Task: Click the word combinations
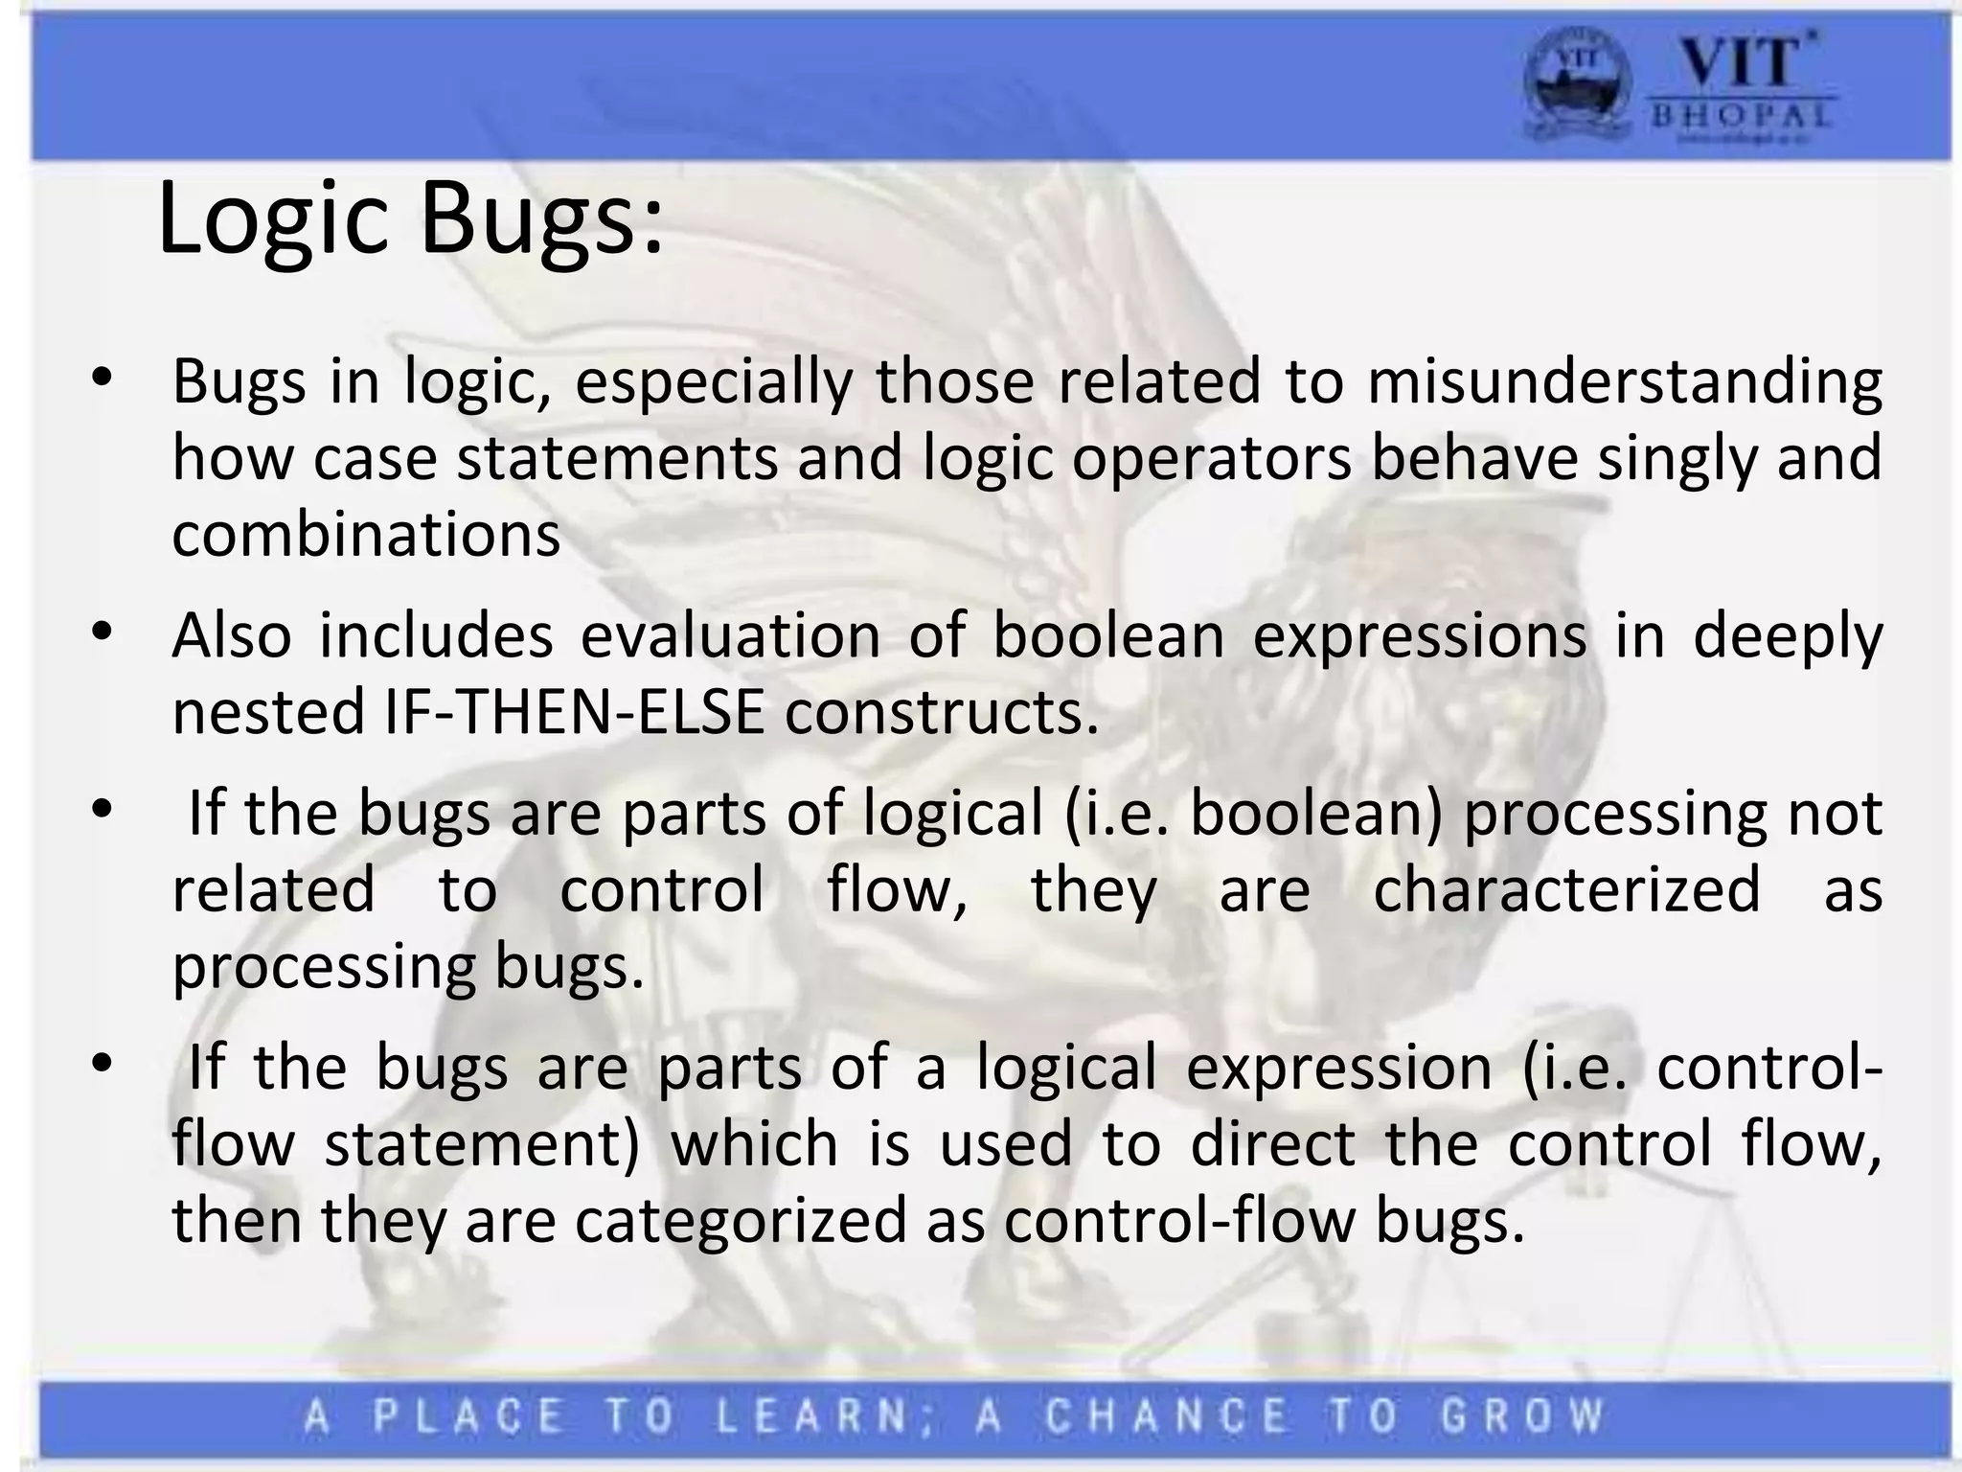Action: tap(366, 535)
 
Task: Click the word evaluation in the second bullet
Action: tap(730, 635)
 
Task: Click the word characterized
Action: tap(1566, 889)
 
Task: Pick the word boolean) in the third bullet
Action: tap(1316, 813)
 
